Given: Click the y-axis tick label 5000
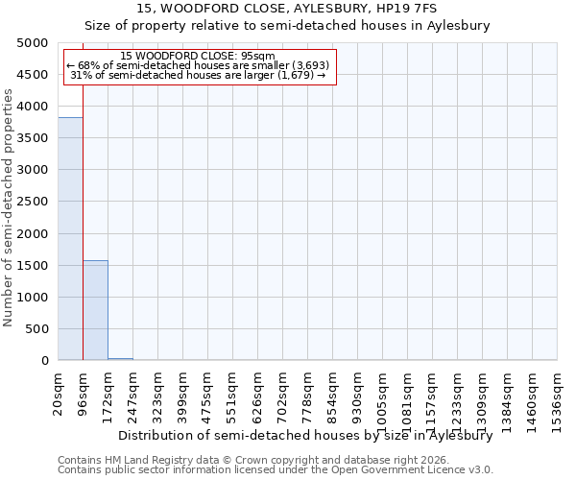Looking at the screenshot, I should tap(33, 43).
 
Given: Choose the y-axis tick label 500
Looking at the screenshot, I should tap(36, 329).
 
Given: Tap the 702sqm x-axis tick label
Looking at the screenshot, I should tap(283, 391).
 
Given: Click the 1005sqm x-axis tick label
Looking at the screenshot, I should tap(383, 395).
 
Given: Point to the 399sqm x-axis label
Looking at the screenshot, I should tap(183, 391).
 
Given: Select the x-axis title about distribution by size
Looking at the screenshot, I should tap(304, 435).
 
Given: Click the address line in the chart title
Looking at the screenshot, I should tap(287, 8).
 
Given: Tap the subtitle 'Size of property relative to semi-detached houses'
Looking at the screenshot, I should tap(287, 26).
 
